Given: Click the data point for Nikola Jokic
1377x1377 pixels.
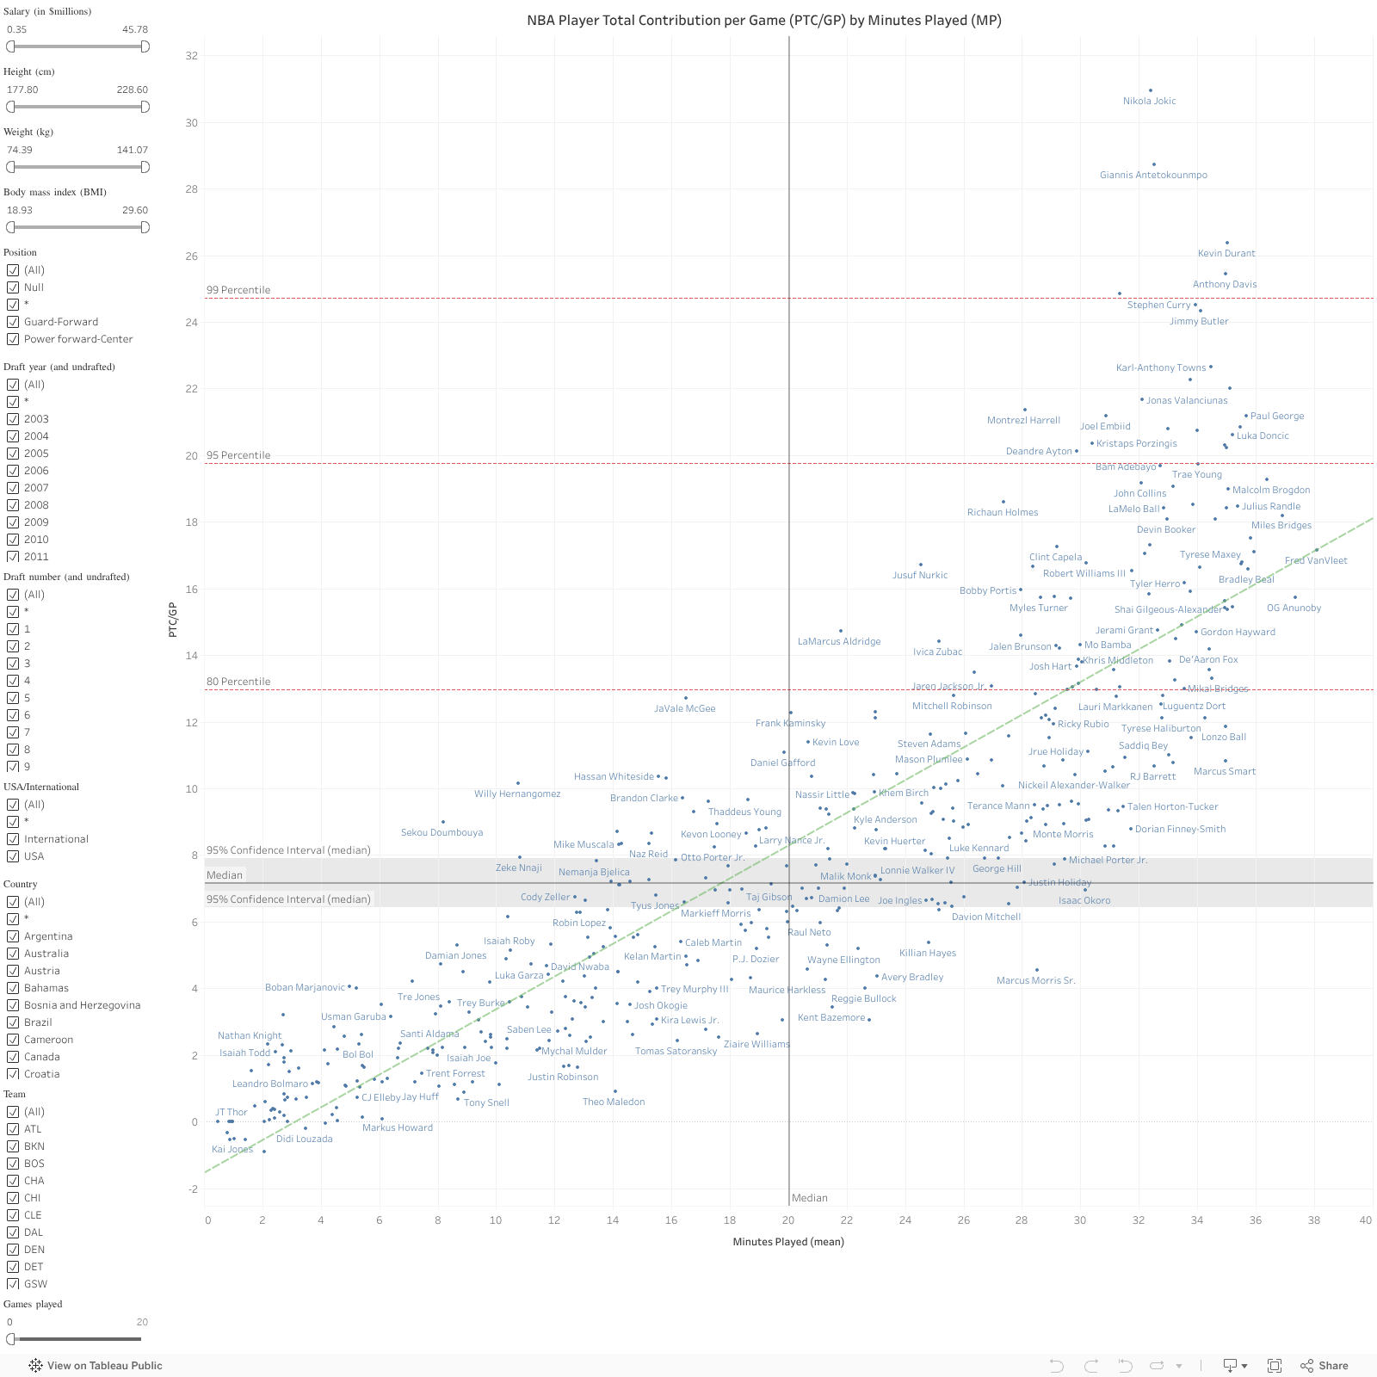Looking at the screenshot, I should click(1151, 90).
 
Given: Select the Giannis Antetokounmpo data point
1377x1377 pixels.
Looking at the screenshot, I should click(1154, 164).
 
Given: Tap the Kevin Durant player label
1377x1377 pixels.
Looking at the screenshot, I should click(1226, 253).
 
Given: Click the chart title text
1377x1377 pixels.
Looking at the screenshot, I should click(764, 20).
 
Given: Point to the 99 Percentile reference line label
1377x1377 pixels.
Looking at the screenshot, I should click(238, 290).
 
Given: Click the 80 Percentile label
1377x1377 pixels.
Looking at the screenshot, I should click(238, 682).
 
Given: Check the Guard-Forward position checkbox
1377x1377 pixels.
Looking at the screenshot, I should click(13, 322).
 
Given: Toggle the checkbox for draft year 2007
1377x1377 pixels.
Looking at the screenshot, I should click(13, 488).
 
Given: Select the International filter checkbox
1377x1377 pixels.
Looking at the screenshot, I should click(13, 839).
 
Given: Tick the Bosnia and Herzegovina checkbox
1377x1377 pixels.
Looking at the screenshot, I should click(13, 1005).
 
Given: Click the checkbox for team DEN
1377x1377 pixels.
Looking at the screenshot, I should click(13, 1250).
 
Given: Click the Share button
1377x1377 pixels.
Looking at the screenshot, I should click(1325, 1366).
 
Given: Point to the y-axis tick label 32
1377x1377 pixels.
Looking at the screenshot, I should click(191, 56).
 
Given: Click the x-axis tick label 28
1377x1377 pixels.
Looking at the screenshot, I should click(1022, 1220).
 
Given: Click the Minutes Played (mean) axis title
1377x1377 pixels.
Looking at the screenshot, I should click(788, 1242).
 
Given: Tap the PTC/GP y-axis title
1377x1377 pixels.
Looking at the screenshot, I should click(172, 620).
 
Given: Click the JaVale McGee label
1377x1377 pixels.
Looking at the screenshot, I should click(684, 709).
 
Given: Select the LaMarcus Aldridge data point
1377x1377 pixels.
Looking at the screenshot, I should click(841, 631).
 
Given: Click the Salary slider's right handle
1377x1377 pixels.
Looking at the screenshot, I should click(145, 46).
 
